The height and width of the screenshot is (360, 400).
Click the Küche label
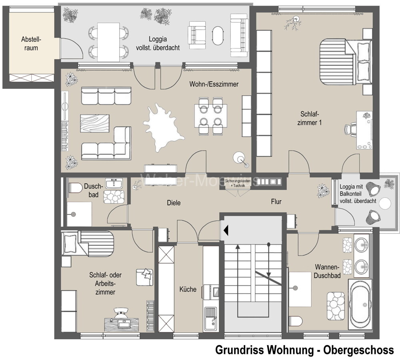point(188,289)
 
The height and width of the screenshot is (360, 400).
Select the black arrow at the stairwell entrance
point(226,230)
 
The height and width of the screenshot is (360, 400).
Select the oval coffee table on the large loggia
point(218,36)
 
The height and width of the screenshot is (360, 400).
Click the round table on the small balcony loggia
point(385,204)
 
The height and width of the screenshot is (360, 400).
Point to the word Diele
point(174,203)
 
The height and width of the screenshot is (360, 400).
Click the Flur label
point(276,202)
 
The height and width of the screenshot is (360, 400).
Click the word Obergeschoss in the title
point(358,350)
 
